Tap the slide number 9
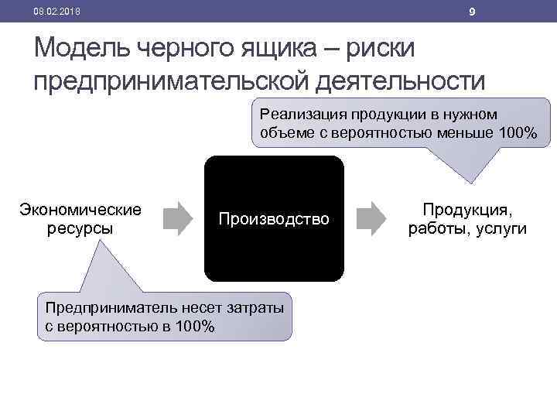point(472,11)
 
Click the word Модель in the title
point(82,48)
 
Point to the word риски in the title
point(378,48)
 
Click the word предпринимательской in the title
point(166,80)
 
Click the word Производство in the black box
point(274,219)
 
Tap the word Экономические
point(80,210)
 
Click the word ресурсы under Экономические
point(80,228)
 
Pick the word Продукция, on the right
point(467,210)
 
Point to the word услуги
point(502,228)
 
